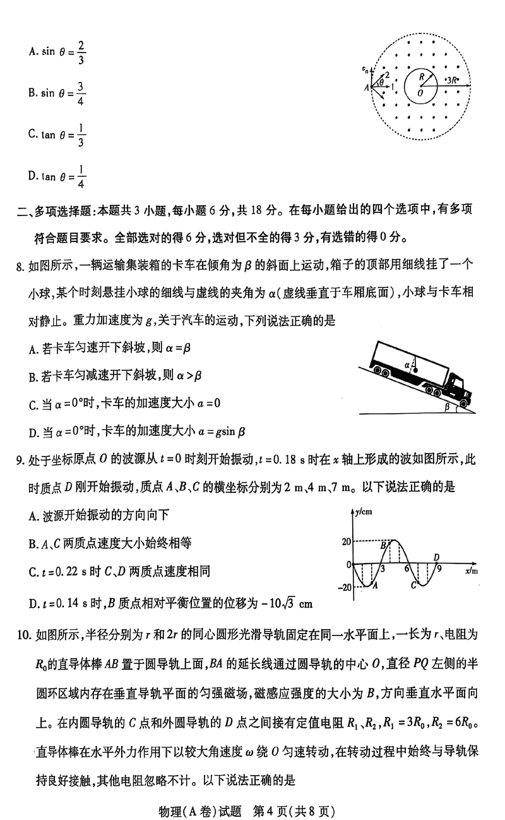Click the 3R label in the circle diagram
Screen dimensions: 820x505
[x=453, y=80]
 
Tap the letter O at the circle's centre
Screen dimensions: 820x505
[x=420, y=93]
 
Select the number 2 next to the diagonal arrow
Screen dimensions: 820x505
[x=387, y=74]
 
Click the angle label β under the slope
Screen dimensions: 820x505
[x=447, y=407]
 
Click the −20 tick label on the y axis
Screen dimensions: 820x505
[x=343, y=587]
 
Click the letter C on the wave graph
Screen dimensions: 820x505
[x=413, y=584]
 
